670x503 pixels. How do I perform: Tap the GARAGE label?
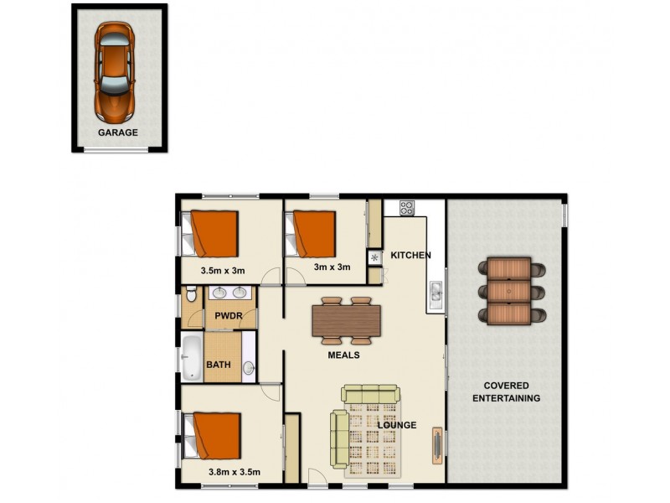click(x=118, y=132)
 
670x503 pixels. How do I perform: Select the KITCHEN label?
click(x=410, y=255)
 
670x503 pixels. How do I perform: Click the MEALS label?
click(x=343, y=355)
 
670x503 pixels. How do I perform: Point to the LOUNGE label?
click(x=397, y=425)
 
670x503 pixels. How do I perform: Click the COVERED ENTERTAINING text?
click(x=506, y=392)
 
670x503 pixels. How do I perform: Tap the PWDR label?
click(x=228, y=316)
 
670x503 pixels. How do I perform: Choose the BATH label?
click(x=219, y=365)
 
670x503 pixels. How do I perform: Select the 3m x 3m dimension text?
click(x=332, y=267)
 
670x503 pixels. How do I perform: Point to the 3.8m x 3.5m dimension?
click(x=234, y=472)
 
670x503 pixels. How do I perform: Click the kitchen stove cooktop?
click(x=408, y=206)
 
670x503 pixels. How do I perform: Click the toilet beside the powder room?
click(x=192, y=294)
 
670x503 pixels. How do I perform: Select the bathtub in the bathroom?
click(x=191, y=359)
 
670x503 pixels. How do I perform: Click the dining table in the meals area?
click(x=346, y=320)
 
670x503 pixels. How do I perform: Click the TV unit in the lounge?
click(x=437, y=444)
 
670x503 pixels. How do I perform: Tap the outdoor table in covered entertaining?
click(x=509, y=291)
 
